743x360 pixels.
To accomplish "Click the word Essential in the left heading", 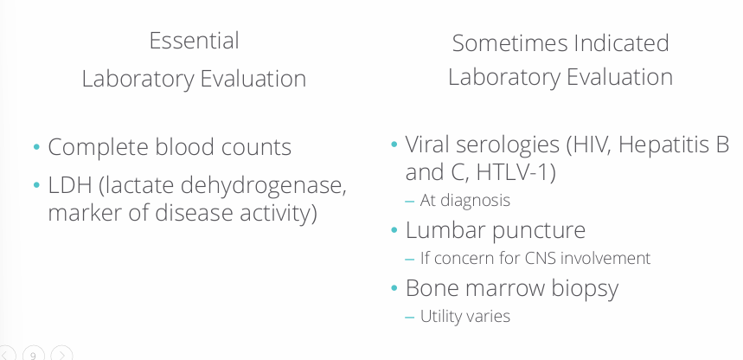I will pyautogui.click(x=194, y=41).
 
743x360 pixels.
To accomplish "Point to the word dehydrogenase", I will pyautogui.click(x=267, y=185).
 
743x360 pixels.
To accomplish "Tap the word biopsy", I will pyautogui.click(x=586, y=288).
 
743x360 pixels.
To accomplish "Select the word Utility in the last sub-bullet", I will pyautogui.click(x=439, y=316).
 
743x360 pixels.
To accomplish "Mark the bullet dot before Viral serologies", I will pyautogui.click(x=394, y=144).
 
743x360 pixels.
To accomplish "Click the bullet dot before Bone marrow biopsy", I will pyautogui.click(x=394, y=287).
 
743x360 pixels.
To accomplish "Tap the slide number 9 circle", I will pyautogui.click(x=34, y=355).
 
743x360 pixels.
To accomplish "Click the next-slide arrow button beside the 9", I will pyautogui.click(x=61, y=355).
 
